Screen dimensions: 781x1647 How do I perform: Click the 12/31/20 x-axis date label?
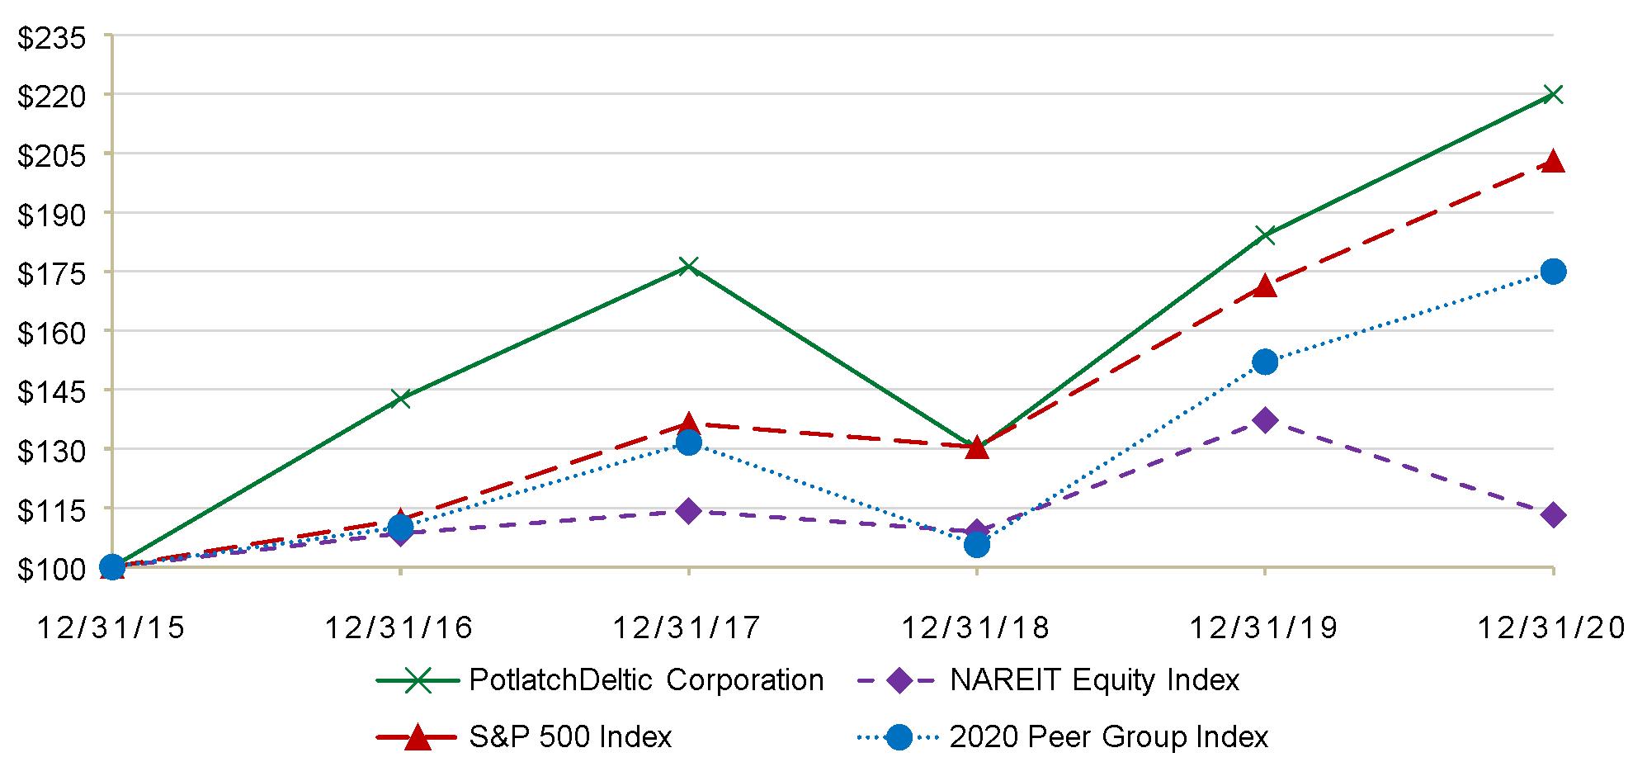coord(1550,628)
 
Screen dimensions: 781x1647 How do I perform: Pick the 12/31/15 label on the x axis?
coord(110,628)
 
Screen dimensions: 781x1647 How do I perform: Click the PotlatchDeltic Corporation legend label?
coord(646,680)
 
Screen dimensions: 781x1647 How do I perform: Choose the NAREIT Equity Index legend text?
coord(1094,680)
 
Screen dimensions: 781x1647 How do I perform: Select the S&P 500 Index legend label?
coord(570,736)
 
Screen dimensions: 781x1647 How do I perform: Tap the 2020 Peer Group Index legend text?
coord(1109,736)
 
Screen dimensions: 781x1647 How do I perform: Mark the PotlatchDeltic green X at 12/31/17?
coord(688,267)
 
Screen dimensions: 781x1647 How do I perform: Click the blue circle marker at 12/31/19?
coord(1265,362)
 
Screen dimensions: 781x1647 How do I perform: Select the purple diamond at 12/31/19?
coord(1265,420)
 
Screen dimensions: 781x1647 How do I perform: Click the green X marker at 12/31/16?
coord(400,399)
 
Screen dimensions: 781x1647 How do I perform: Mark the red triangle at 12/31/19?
coord(1265,286)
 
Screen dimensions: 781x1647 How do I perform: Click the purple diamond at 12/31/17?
coord(688,511)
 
